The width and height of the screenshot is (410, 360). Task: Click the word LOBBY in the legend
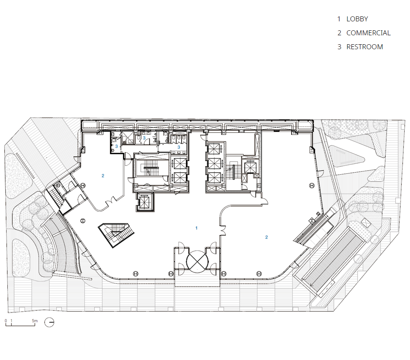click(x=357, y=19)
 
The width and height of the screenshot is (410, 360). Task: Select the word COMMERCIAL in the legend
click(x=369, y=33)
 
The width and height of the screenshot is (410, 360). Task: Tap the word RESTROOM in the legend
click(x=364, y=47)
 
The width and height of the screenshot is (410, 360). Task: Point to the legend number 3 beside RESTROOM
click(x=339, y=47)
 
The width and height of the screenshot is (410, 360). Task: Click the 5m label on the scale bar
click(x=35, y=321)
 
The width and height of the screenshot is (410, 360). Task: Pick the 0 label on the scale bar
click(x=6, y=321)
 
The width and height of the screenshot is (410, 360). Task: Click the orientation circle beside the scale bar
click(x=49, y=322)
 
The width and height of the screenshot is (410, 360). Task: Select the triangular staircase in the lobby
click(x=116, y=235)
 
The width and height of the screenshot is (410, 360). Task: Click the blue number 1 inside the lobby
click(x=196, y=228)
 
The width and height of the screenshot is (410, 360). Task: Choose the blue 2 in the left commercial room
click(x=103, y=175)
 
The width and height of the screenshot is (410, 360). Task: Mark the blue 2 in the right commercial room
click(x=266, y=237)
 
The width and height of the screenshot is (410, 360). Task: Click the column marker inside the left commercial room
click(x=83, y=186)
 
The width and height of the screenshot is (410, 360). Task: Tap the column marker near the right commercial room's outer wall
click(x=312, y=186)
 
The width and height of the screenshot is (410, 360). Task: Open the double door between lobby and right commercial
click(x=223, y=230)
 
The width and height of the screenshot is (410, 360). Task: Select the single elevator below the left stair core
click(x=145, y=202)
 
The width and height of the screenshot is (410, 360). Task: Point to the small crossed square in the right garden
click(x=365, y=223)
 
